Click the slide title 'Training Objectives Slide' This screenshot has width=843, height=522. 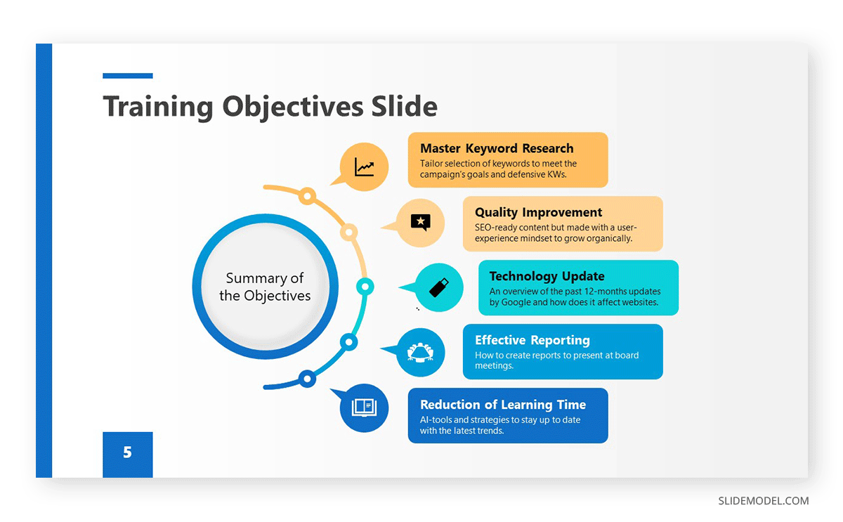tap(270, 106)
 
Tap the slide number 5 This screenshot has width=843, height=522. tap(127, 452)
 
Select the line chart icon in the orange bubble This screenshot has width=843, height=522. tap(364, 167)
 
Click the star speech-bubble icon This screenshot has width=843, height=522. tap(420, 223)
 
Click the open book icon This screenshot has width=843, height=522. tap(364, 407)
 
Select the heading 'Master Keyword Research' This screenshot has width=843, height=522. tap(497, 148)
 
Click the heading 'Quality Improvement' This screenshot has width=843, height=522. tap(538, 212)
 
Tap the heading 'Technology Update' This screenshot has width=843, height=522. tap(547, 276)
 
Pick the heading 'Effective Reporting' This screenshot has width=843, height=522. tap(532, 340)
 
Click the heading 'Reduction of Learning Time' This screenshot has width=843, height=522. tap(502, 405)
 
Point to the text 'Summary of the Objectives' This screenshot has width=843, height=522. tap(265, 287)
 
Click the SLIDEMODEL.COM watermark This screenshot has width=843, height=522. tap(763, 501)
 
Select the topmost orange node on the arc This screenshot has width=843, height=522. tap(307, 196)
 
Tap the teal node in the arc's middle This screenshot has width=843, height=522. tap(365, 287)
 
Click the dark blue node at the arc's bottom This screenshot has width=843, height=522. tap(307, 379)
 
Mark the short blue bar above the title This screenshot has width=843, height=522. tap(127, 76)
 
